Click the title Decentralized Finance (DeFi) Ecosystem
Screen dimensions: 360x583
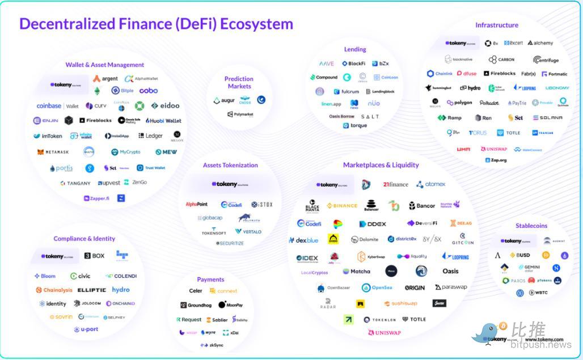point(156,24)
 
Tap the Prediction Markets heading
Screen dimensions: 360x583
point(239,83)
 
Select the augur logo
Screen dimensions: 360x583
point(224,100)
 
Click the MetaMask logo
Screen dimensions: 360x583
point(53,152)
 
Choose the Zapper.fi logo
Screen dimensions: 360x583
point(96,198)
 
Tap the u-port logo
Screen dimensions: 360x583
point(86,329)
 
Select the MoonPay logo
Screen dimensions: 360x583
point(230,305)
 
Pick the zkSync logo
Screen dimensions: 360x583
point(212,345)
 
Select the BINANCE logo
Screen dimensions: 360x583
point(342,206)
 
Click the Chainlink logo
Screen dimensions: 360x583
point(440,74)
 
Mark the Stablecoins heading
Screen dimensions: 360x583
point(531,226)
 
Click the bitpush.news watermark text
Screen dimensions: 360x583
point(540,345)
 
